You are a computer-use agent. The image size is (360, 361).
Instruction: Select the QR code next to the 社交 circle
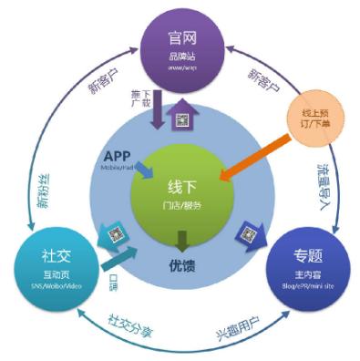pos(117,234)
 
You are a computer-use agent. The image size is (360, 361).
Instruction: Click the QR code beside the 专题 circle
pos(249,235)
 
